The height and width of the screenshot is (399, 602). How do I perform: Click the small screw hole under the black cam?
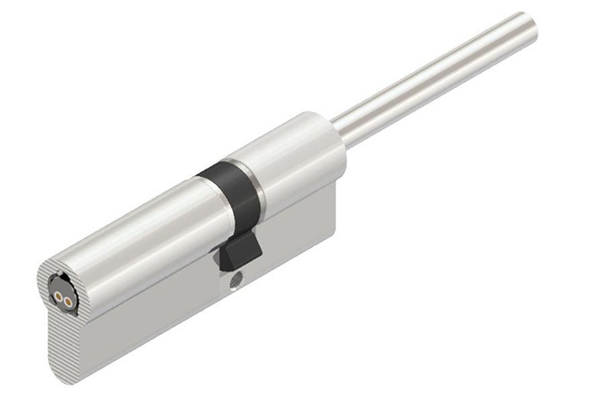click(236, 280)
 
